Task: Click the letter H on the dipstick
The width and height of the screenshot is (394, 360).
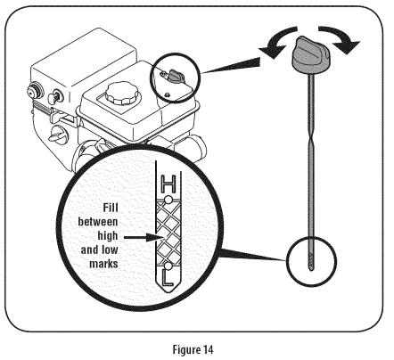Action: click(168, 184)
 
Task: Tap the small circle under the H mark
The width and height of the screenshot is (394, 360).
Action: click(168, 200)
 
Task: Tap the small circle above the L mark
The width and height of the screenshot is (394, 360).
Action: click(168, 266)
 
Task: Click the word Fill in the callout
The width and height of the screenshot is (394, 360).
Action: click(111, 208)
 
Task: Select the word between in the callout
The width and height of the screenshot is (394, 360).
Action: click(98, 222)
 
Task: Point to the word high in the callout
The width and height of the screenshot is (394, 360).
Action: click(108, 236)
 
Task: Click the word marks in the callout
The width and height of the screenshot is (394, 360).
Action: click(103, 264)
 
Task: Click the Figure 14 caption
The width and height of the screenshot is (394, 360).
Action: click(193, 349)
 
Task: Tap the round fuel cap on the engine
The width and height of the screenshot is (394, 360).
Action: click(123, 93)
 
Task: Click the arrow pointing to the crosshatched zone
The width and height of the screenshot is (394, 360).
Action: click(144, 237)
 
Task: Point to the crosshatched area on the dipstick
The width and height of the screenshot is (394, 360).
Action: click(168, 233)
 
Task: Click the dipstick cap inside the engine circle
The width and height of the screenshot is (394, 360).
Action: click(176, 76)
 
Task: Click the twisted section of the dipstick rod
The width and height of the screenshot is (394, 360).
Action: click(310, 141)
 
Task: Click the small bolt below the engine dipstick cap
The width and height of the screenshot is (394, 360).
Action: click(167, 94)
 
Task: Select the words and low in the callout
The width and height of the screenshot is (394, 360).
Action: click(100, 250)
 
